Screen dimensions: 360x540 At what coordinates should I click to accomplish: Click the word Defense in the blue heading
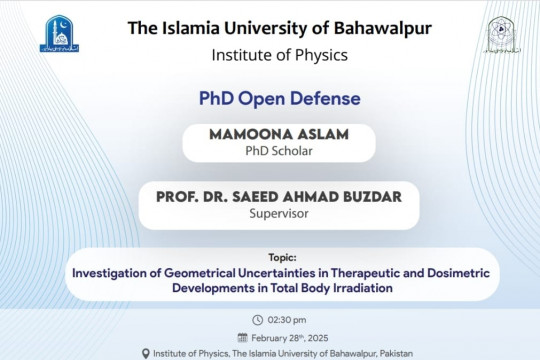click(319, 100)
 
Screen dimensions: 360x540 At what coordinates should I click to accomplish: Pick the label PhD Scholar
click(279, 150)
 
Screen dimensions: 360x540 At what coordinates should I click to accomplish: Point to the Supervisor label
click(279, 213)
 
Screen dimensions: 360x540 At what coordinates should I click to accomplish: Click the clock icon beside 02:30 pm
click(258, 320)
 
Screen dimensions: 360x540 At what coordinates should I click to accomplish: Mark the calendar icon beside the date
click(241, 337)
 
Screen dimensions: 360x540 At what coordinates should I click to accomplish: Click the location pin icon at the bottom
click(147, 353)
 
